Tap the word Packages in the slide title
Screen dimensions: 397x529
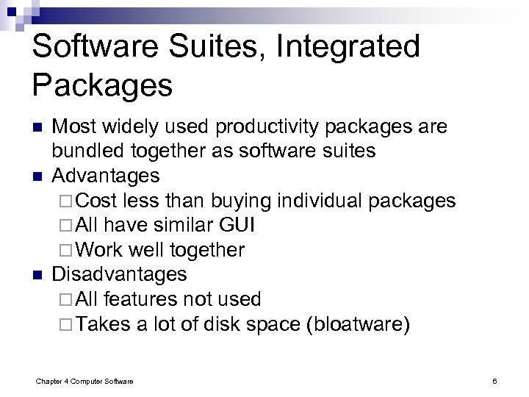coord(102,85)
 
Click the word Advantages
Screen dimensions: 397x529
coord(105,176)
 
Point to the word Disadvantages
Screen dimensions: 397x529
coord(119,274)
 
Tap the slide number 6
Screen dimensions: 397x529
coord(495,380)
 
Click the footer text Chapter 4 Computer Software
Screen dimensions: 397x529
coord(84,380)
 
